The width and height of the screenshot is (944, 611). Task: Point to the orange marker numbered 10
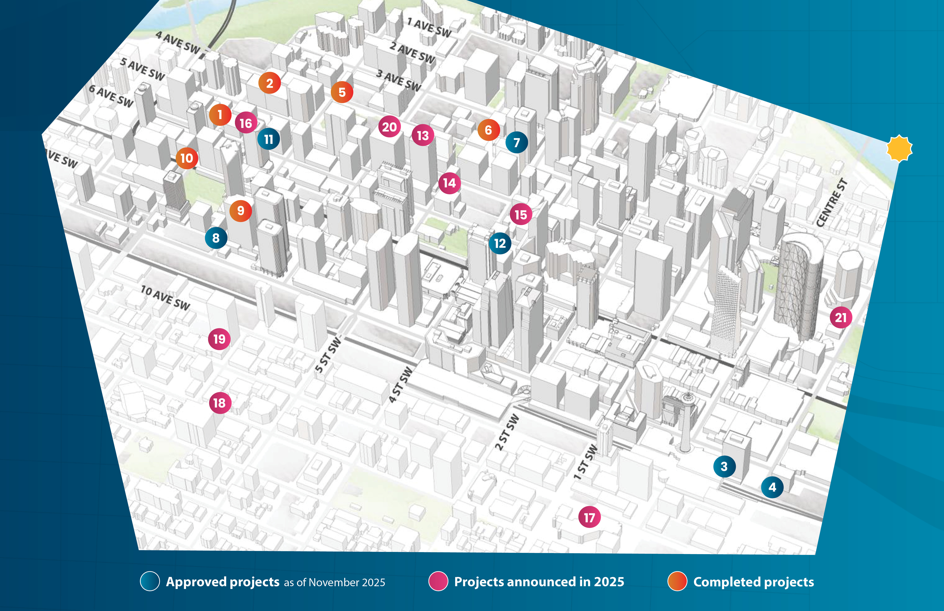(x=186, y=158)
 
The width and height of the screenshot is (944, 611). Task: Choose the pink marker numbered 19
(x=219, y=339)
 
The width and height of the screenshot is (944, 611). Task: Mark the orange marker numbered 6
(x=488, y=130)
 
